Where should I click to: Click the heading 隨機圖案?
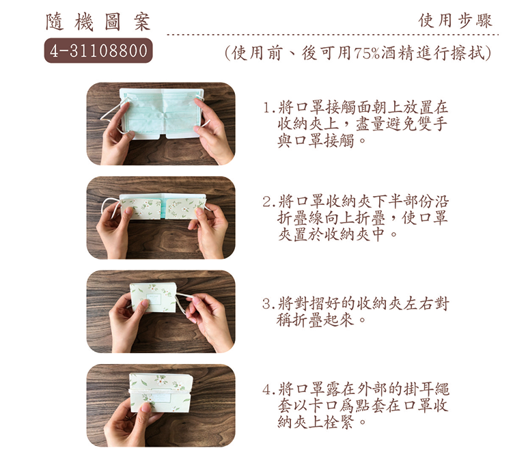pos(98,23)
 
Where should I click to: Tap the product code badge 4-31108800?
pos(98,51)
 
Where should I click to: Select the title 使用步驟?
pos(455,20)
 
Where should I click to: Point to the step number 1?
pos(267,108)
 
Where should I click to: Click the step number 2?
pos(267,202)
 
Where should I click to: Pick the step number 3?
pos(267,304)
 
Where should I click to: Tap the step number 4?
pos(267,390)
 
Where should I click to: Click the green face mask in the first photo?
pos(161,113)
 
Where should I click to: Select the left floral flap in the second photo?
pos(141,208)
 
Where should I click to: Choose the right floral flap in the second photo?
pos(186,208)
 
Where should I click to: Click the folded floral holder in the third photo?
pos(153,298)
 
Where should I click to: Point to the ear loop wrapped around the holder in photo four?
pos(158,390)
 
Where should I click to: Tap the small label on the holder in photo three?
pos(154,298)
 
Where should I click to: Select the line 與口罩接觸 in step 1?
pos(316,141)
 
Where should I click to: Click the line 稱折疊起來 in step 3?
pos(315,320)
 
